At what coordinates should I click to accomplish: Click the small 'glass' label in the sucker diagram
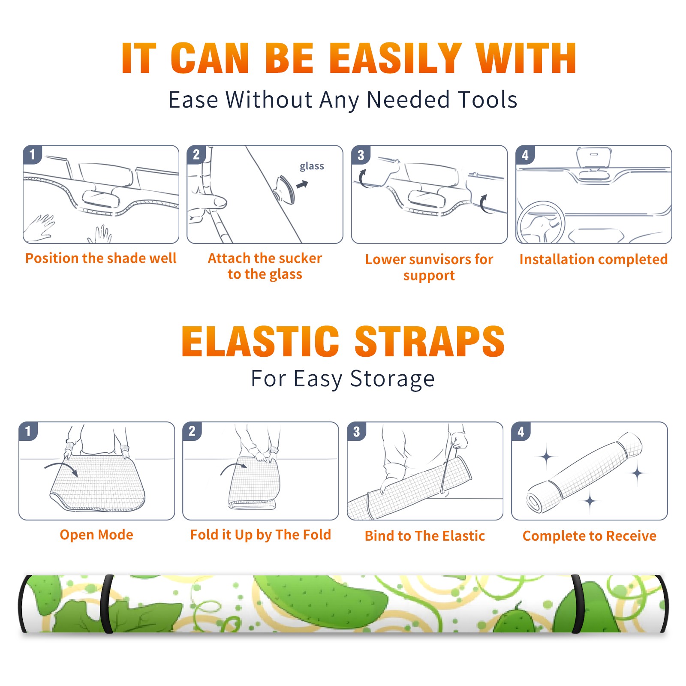(x=312, y=166)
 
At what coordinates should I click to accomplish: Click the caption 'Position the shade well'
(x=101, y=258)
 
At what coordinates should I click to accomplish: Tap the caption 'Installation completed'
(x=593, y=259)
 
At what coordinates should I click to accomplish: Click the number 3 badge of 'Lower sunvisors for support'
(x=361, y=155)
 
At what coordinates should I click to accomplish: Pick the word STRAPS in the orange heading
(x=430, y=341)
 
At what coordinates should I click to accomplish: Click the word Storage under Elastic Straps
(x=392, y=379)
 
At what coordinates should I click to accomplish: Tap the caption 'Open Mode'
(x=96, y=535)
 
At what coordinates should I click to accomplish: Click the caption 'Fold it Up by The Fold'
(x=261, y=535)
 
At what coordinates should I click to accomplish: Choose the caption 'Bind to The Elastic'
(x=425, y=536)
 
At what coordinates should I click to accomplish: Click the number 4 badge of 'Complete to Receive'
(x=521, y=431)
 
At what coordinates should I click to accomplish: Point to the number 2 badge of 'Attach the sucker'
(x=196, y=155)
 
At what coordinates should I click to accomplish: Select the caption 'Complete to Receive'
(x=590, y=536)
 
